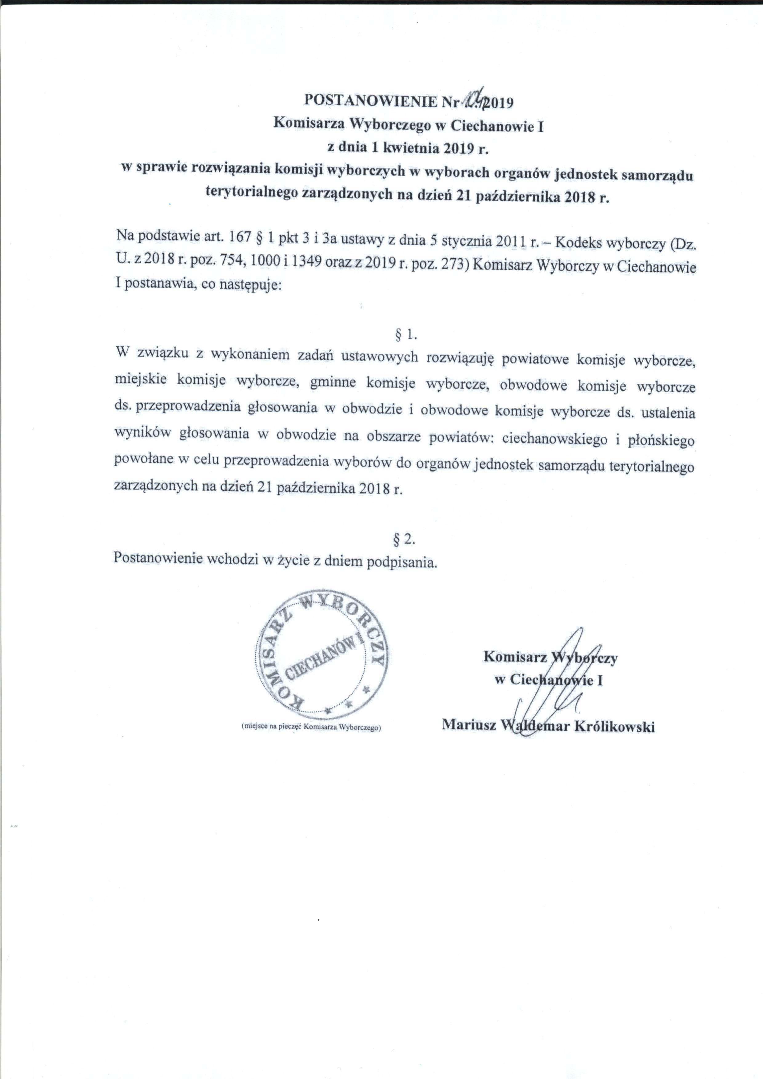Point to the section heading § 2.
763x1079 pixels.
404,540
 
